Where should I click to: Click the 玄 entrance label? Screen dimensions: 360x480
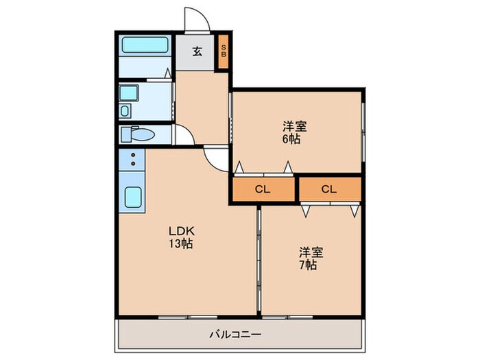pos(197,51)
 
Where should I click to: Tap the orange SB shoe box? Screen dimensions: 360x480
pos(224,51)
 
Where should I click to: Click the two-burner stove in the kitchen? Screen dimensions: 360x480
pos(132,163)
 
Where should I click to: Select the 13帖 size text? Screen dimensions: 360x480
pos(181,244)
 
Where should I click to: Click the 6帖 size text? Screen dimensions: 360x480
pos(295,139)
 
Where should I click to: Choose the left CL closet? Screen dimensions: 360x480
pos(263,189)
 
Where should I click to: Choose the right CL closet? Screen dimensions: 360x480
pos(329,189)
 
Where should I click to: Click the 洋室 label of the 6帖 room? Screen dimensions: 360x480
pos(295,126)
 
